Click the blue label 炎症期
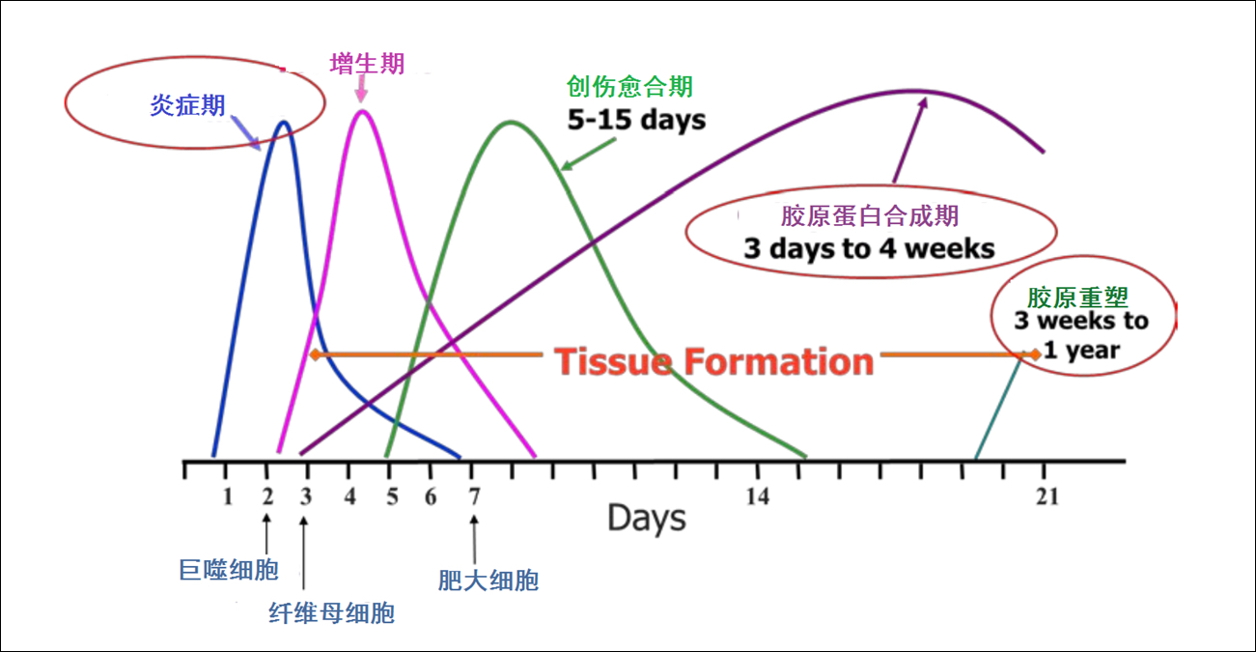(187, 105)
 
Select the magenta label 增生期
(367, 64)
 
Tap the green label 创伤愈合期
(629, 86)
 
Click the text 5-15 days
(636, 120)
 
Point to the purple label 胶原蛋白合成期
(870, 216)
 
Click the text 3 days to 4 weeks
(869, 248)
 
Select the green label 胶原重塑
(1077, 298)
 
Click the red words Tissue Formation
(713, 361)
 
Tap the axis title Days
(647, 518)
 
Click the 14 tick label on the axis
(758, 496)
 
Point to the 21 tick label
(1047, 496)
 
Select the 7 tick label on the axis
(474, 496)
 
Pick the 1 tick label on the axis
(228, 496)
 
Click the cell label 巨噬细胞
(229, 570)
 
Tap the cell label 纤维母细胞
(331, 612)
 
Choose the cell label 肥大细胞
(488, 581)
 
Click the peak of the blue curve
(284, 123)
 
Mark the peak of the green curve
(511, 122)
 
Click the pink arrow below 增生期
(362, 89)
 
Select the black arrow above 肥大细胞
(474, 540)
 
